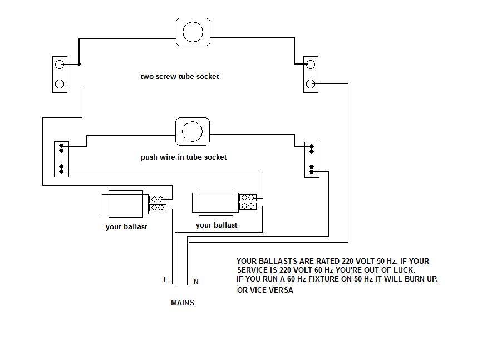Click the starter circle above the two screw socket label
click(193, 32)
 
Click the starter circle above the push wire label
click(193, 131)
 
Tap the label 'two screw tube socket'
click(180, 77)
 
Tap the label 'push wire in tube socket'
click(184, 157)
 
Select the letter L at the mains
click(165, 280)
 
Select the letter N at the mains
click(196, 282)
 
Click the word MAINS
click(183, 303)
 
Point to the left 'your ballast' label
click(126, 227)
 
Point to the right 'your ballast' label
click(217, 225)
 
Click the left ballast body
click(125, 204)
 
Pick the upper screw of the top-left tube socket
click(60, 65)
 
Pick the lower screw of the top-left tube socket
click(60, 85)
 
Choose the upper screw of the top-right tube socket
click(311, 65)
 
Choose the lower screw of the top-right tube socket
click(311, 85)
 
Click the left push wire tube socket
click(61, 159)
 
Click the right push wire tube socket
click(312, 160)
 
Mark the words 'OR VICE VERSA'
click(265, 290)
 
